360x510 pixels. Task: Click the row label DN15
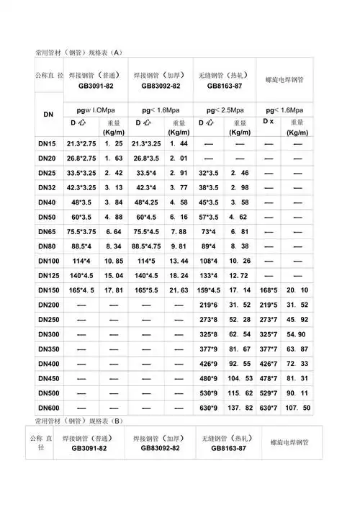coord(47,144)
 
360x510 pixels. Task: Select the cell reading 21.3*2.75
coord(81,144)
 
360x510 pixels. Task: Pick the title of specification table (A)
coord(79,53)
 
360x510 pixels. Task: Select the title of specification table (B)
coord(79,420)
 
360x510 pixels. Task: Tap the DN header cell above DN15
coord(49,116)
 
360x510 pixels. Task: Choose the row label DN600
coord(48,408)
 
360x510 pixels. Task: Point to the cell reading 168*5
coord(269,290)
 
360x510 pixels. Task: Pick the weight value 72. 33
coord(297,364)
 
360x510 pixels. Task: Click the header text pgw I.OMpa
coord(90,109)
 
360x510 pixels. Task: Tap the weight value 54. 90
coord(297,334)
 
